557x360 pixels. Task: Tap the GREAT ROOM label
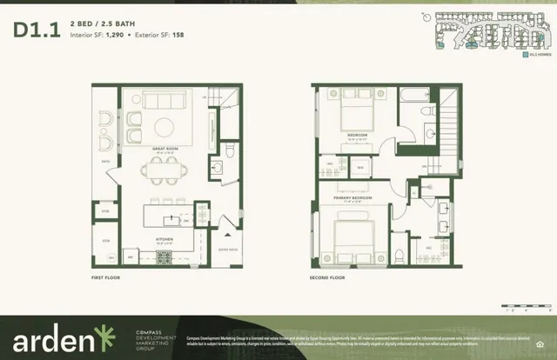click(x=164, y=149)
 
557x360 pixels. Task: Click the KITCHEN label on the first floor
click(x=165, y=236)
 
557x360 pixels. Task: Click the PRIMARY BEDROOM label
click(x=349, y=197)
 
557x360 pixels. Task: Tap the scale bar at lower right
click(x=520, y=307)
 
